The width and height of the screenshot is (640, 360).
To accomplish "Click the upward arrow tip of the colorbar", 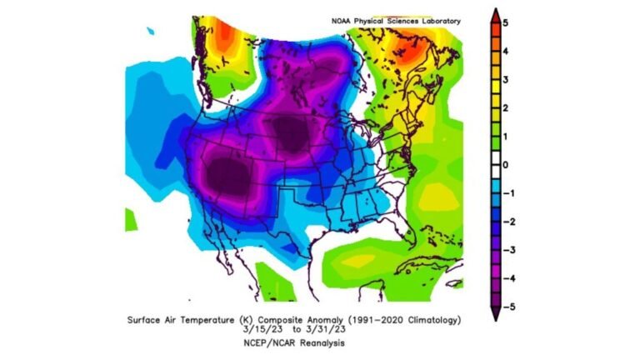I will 494,12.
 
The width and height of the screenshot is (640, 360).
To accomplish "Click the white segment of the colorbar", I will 494,164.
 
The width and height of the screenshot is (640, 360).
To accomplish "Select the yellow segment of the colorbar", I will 494,87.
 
